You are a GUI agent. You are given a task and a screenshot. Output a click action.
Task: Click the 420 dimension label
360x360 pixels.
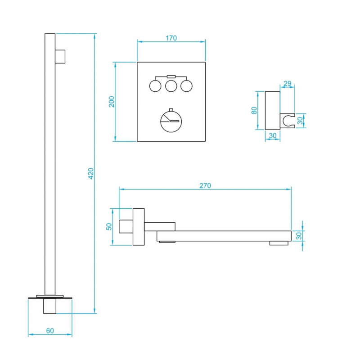click(91, 173)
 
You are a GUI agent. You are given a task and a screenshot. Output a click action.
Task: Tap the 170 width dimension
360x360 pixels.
click(171, 38)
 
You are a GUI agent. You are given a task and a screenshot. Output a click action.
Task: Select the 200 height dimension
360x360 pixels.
click(111, 102)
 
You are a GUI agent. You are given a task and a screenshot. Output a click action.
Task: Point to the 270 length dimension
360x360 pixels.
click(205, 185)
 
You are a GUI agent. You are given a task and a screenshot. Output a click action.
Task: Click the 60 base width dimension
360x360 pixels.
click(50, 331)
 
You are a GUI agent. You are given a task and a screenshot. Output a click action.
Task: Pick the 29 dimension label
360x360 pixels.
click(287, 83)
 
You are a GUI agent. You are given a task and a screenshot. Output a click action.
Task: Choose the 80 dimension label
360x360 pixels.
click(254, 110)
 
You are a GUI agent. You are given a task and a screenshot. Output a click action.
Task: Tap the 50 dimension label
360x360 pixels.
click(109, 227)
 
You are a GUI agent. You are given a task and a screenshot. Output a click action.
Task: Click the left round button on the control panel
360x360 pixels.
click(155, 86)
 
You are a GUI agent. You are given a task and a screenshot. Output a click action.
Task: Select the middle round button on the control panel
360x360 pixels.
click(171, 86)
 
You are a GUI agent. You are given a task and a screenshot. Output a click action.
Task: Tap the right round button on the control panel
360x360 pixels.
click(186, 86)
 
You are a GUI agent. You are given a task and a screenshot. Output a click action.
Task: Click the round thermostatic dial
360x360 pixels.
click(171, 121)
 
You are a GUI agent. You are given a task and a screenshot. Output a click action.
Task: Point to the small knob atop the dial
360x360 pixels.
click(171, 109)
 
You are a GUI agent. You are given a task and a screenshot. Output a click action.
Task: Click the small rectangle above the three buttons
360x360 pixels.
click(171, 76)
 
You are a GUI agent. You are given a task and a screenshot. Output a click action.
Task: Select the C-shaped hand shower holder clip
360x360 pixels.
click(288, 121)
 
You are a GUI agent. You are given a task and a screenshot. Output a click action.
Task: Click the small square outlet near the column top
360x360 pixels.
click(60, 57)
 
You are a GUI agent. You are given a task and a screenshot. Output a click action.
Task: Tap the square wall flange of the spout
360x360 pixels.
click(139, 227)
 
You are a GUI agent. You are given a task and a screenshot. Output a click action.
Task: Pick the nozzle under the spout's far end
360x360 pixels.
click(279, 243)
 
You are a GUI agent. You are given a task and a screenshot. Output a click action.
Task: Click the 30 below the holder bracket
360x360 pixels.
click(273, 136)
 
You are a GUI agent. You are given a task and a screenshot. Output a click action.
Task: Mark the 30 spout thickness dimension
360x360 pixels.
click(299, 236)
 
